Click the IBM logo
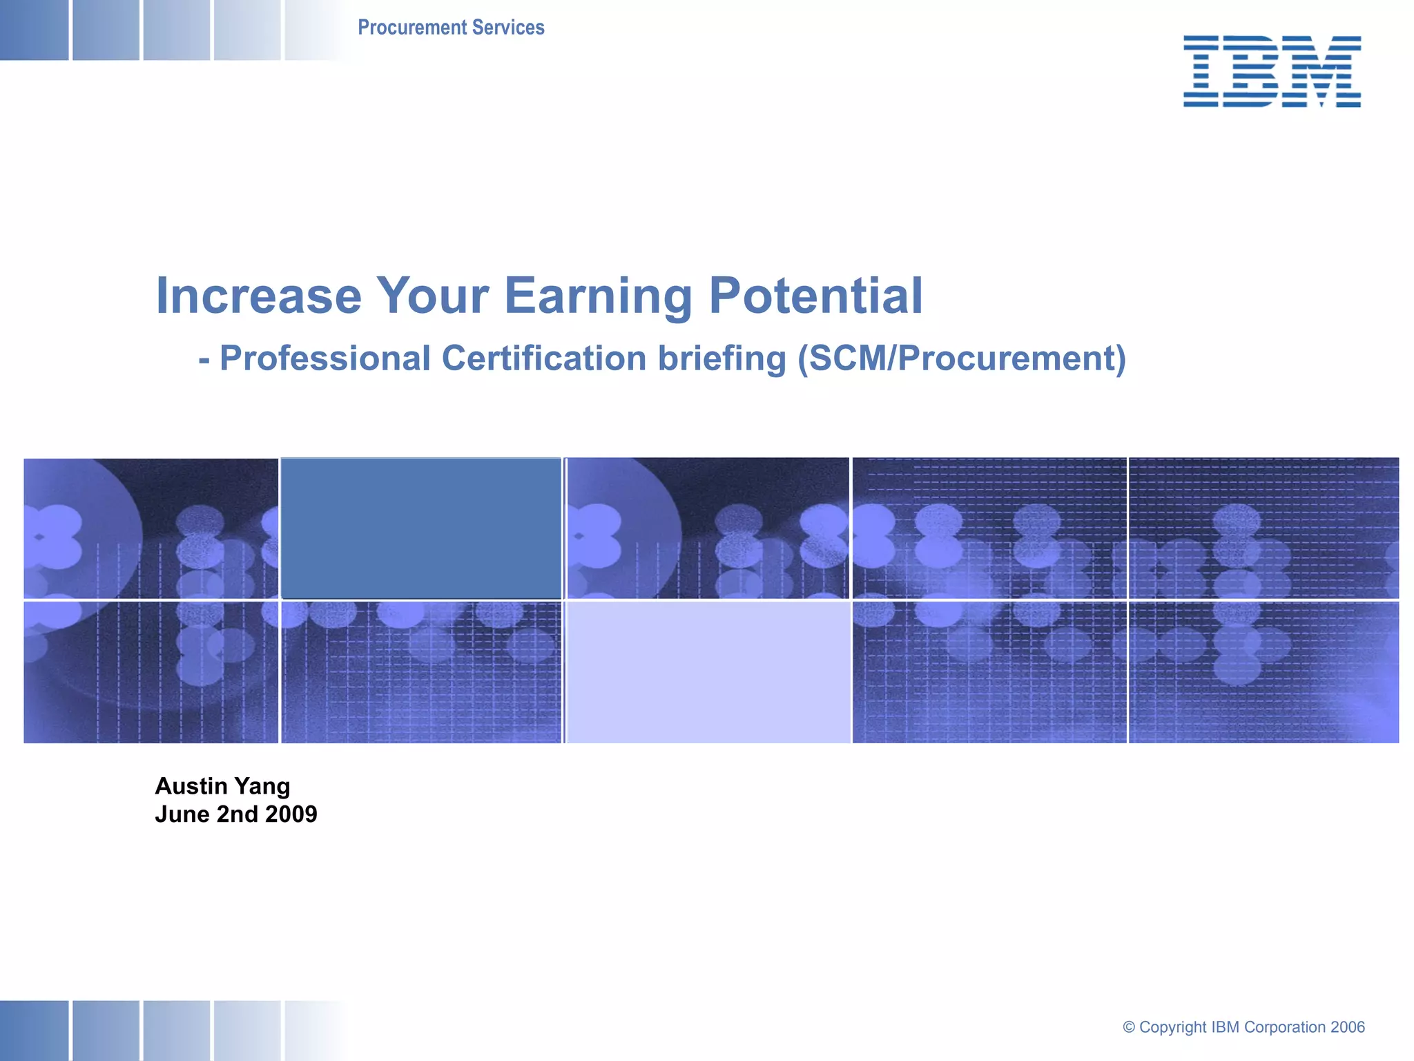pos(1272,71)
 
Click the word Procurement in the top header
pos(412,28)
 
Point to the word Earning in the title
pos(598,296)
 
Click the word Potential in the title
pos(815,296)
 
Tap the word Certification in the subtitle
pos(544,359)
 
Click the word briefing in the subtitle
pos(721,359)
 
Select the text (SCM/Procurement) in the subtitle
pos(962,359)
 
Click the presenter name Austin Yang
pos(222,786)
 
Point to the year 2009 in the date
pos(291,814)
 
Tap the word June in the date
pos(182,814)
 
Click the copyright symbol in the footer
pos(1129,1027)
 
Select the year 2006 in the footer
pos(1347,1027)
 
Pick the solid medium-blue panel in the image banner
pos(421,528)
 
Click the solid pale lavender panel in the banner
pos(708,672)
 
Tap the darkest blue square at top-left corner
pos(34,30)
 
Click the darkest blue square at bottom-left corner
pos(34,1031)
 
